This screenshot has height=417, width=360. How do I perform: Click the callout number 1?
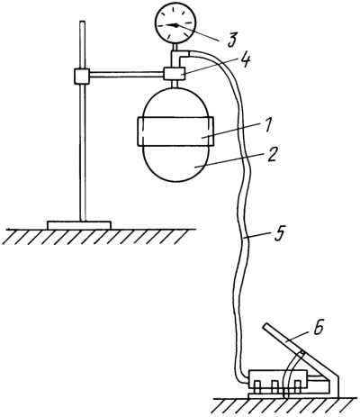(x=268, y=125)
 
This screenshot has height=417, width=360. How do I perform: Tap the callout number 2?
(x=271, y=155)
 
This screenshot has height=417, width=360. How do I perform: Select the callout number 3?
(x=232, y=39)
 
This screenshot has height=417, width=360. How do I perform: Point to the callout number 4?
(x=245, y=61)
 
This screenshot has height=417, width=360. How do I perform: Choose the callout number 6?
(x=319, y=328)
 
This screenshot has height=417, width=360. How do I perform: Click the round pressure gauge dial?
(x=175, y=23)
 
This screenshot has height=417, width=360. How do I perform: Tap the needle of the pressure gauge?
(x=172, y=25)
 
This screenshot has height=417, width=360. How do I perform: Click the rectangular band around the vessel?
(x=175, y=131)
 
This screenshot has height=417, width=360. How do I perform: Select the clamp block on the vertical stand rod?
(x=82, y=76)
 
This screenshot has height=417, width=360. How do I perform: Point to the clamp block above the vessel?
(x=174, y=74)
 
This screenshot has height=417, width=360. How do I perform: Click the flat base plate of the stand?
(x=79, y=225)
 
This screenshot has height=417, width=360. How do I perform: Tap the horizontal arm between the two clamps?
(x=127, y=74)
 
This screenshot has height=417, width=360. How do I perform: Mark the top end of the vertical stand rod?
(x=83, y=22)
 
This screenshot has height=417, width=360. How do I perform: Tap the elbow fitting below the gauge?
(x=179, y=57)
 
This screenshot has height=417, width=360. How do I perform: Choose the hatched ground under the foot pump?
(x=285, y=407)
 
